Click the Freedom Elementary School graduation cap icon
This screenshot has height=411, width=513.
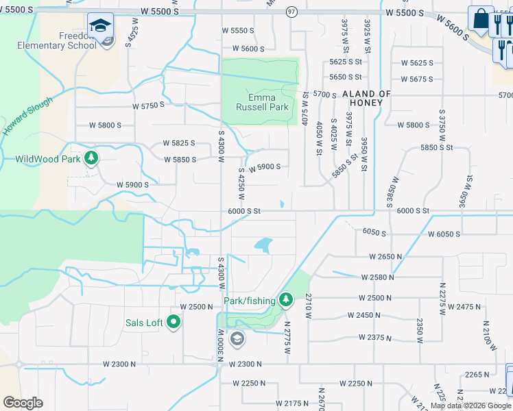coord(101,26)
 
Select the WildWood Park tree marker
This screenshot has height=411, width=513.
coord(91,159)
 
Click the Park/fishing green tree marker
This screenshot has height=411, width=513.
coord(286,300)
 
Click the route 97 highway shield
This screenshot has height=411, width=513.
coord(291,12)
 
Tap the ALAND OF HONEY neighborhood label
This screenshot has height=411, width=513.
coord(366,98)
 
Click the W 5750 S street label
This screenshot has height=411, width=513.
coord(149,105)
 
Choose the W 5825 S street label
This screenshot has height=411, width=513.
coord(179,143)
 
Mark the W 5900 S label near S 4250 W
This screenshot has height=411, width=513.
coord(264,167)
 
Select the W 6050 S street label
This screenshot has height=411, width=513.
coord(444,234)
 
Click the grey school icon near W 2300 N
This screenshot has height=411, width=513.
coord(237,338)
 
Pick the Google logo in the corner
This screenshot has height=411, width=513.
coord(23,402)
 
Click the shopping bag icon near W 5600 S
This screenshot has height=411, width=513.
coord(481,20)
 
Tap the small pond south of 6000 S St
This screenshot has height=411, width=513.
coord(263,244)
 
